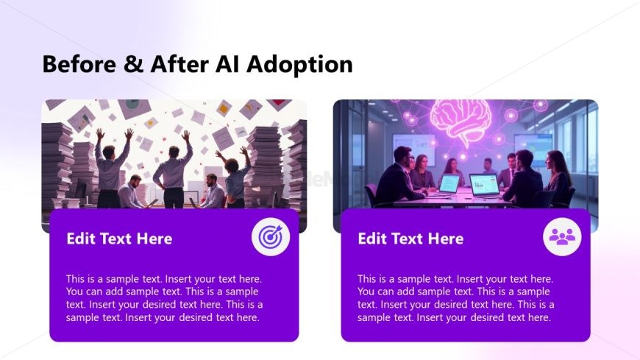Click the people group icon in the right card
click(x=562, y=237)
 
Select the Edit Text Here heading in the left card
click(x=119, y=239)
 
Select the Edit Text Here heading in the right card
click(x=410, y=239)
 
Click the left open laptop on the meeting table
click(x=449, y=184)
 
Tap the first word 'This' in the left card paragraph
click(x=77, y=279)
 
